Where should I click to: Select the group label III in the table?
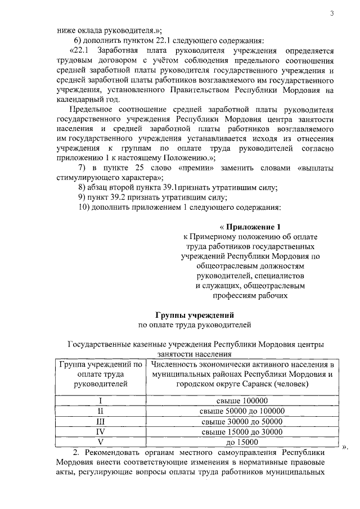pyautogui.click(x=100, y=421)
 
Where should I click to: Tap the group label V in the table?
pyautogui.click(x=100, y=442)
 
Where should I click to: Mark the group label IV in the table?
pyautogui.click(x=100, y=431)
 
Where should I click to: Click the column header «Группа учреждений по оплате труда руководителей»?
pyautogui.click(x=100, y=374)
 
